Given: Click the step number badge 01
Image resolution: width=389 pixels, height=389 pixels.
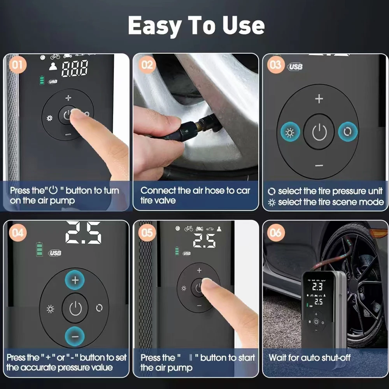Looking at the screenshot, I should tap(17, 64).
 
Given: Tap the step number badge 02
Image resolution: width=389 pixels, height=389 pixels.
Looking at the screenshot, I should tap(147, 64).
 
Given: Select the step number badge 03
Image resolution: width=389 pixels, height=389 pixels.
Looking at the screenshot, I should tap(275, 64).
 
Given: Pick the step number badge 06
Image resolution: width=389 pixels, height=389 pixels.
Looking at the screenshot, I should tap(275, 233).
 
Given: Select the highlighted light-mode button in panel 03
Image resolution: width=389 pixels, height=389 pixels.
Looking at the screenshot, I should tap(290, 133).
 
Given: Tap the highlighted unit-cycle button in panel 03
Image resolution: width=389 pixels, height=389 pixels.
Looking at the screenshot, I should tap(348, 133).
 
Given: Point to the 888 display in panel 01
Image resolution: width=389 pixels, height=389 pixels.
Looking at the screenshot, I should tap(74, 69).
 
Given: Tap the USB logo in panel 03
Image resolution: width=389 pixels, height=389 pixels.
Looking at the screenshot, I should tap(296, 67).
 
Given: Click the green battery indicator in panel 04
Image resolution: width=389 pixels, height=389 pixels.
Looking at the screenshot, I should tap(39, 249).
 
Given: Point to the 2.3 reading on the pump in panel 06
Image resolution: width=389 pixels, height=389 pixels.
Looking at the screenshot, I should tap(317, 287).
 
